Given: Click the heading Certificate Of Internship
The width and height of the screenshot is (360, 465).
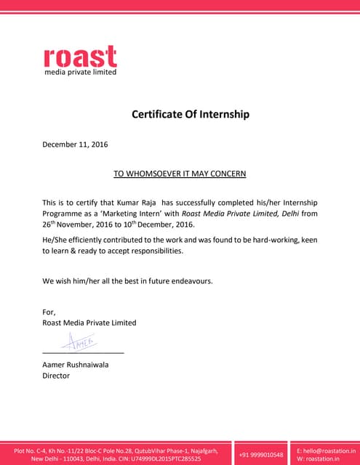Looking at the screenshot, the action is click(190, 114).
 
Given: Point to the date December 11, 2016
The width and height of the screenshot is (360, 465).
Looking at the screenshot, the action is click(75, 145).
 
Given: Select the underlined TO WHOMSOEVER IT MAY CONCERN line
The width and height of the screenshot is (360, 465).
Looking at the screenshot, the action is click(180, 174).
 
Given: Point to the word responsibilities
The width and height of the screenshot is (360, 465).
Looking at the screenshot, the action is click(151, 251).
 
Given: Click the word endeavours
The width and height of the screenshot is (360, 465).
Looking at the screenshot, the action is click(190, 280).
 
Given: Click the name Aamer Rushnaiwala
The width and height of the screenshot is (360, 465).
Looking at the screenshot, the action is click(76, 365).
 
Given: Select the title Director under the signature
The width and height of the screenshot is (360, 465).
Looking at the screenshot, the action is click(56, 376).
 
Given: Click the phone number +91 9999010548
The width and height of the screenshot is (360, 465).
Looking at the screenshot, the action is click(260, 455).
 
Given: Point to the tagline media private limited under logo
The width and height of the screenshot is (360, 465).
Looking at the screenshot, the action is click(80, 72).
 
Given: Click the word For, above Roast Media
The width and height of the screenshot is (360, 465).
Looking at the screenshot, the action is click(49, 312).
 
